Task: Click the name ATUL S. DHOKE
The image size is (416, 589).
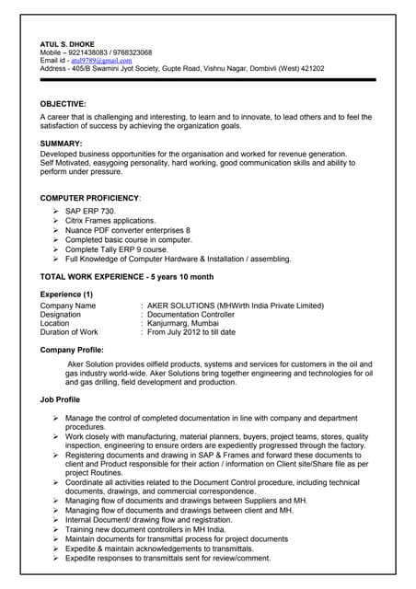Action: point(69,43)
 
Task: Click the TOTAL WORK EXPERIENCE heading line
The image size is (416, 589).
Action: point(127,276)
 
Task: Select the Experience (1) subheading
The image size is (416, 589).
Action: point(66,294)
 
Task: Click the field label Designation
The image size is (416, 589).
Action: point(61,314)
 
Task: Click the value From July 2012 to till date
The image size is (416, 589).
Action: point(191,332)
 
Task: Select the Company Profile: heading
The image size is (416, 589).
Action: point(72,351)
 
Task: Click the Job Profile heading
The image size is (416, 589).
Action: point(60,400)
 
